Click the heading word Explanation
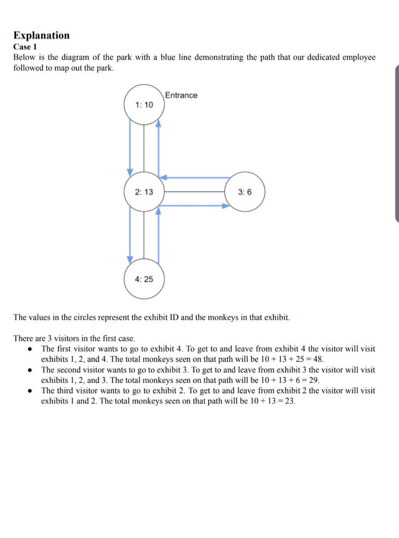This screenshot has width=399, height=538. (41, 35)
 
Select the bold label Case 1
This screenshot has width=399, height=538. (25, 47)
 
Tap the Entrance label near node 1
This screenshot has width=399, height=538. (181, 95)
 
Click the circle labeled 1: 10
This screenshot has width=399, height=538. (144, 105)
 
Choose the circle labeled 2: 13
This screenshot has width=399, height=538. (144, 192)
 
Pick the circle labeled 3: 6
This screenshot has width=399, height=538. (245, 192)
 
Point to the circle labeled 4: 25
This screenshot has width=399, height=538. (144, 279)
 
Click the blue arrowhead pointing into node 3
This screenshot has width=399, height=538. (227, 206)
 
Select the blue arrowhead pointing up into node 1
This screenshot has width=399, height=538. (158, 123)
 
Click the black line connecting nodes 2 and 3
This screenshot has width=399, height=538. (194, 192)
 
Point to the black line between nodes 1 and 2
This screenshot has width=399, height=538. (144, 148)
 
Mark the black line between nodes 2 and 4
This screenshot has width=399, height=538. (144, 235)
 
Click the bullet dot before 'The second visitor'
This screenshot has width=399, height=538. (30, 370)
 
